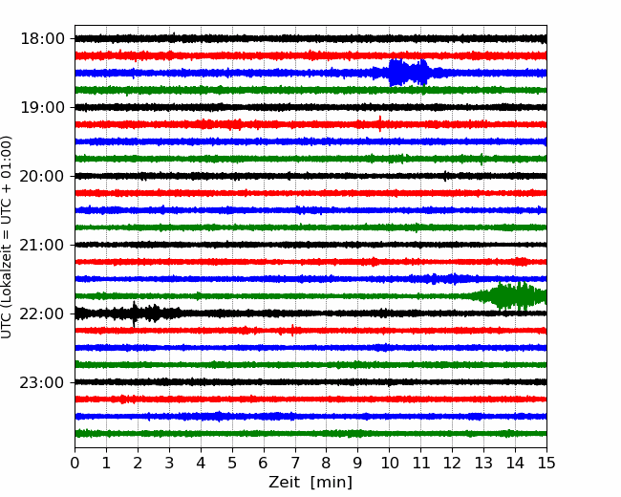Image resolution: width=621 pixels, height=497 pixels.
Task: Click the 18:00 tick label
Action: click(42, 39)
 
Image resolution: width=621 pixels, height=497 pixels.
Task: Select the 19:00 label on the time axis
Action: click(42, 107)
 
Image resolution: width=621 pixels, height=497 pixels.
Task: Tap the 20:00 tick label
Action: click(42, 176)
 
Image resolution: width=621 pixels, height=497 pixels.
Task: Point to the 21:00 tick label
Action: click(42, 245)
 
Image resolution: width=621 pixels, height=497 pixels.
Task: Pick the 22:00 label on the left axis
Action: click(42, 313)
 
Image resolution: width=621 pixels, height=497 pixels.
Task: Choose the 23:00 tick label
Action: click(42, 382)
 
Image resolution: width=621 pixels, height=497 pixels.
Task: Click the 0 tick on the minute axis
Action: click(75, 463)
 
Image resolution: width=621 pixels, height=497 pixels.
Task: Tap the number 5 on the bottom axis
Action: click(232, 463)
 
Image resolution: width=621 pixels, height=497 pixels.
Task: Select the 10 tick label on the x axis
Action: click(389, 463)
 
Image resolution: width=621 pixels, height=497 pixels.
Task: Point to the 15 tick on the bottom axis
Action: click(546, 463)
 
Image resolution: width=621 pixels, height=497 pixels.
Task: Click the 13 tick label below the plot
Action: click(484, 463)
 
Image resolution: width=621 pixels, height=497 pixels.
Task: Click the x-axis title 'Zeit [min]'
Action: click(310, 483)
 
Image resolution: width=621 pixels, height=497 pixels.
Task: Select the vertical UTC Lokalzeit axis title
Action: click(7, 237)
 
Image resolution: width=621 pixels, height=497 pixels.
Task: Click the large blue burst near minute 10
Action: click(409, 73)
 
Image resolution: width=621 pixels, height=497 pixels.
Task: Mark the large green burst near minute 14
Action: click(511, 296)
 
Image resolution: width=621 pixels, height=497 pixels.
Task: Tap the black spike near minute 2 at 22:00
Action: click(135, 313)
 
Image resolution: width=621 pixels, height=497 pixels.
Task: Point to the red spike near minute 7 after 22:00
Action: click(292, 330)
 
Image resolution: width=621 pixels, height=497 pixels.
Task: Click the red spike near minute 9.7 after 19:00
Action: click(380, 123)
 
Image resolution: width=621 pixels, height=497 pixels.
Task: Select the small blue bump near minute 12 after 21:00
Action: click(454, 279)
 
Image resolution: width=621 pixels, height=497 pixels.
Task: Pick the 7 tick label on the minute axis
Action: click(295, 463)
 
